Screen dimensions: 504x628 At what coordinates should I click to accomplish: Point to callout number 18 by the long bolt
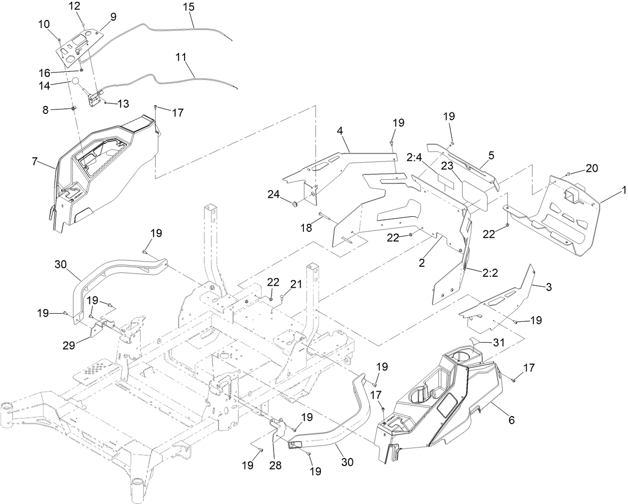306,227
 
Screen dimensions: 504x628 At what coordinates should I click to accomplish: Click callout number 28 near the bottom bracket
275,466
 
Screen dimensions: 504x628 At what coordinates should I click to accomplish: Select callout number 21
297,284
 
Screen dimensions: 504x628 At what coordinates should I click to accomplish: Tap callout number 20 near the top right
591,168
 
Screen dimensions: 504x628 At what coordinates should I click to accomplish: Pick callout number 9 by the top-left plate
113,17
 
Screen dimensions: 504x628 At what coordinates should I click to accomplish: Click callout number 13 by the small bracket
123,103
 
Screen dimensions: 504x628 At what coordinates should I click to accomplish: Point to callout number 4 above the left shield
340,131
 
